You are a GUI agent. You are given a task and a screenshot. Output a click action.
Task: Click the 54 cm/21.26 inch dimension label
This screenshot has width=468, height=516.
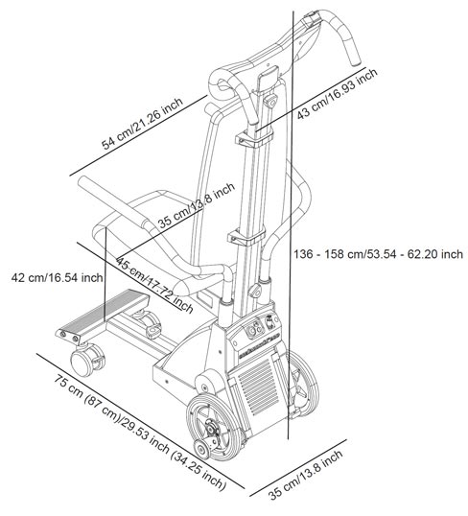point(142,124)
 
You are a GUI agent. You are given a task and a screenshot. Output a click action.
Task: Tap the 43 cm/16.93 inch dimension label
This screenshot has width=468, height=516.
point(337,94)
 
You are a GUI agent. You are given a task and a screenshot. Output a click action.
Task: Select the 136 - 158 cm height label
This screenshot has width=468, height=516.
point(378,254)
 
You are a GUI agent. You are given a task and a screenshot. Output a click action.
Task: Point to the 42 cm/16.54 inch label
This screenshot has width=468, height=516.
point(57,277)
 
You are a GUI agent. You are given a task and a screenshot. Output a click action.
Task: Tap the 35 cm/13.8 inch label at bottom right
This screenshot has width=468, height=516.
point(305,474)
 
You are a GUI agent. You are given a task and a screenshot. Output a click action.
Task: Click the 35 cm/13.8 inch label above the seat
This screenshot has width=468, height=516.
point(197,205)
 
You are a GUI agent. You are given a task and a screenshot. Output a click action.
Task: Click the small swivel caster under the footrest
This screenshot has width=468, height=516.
point(87,360)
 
